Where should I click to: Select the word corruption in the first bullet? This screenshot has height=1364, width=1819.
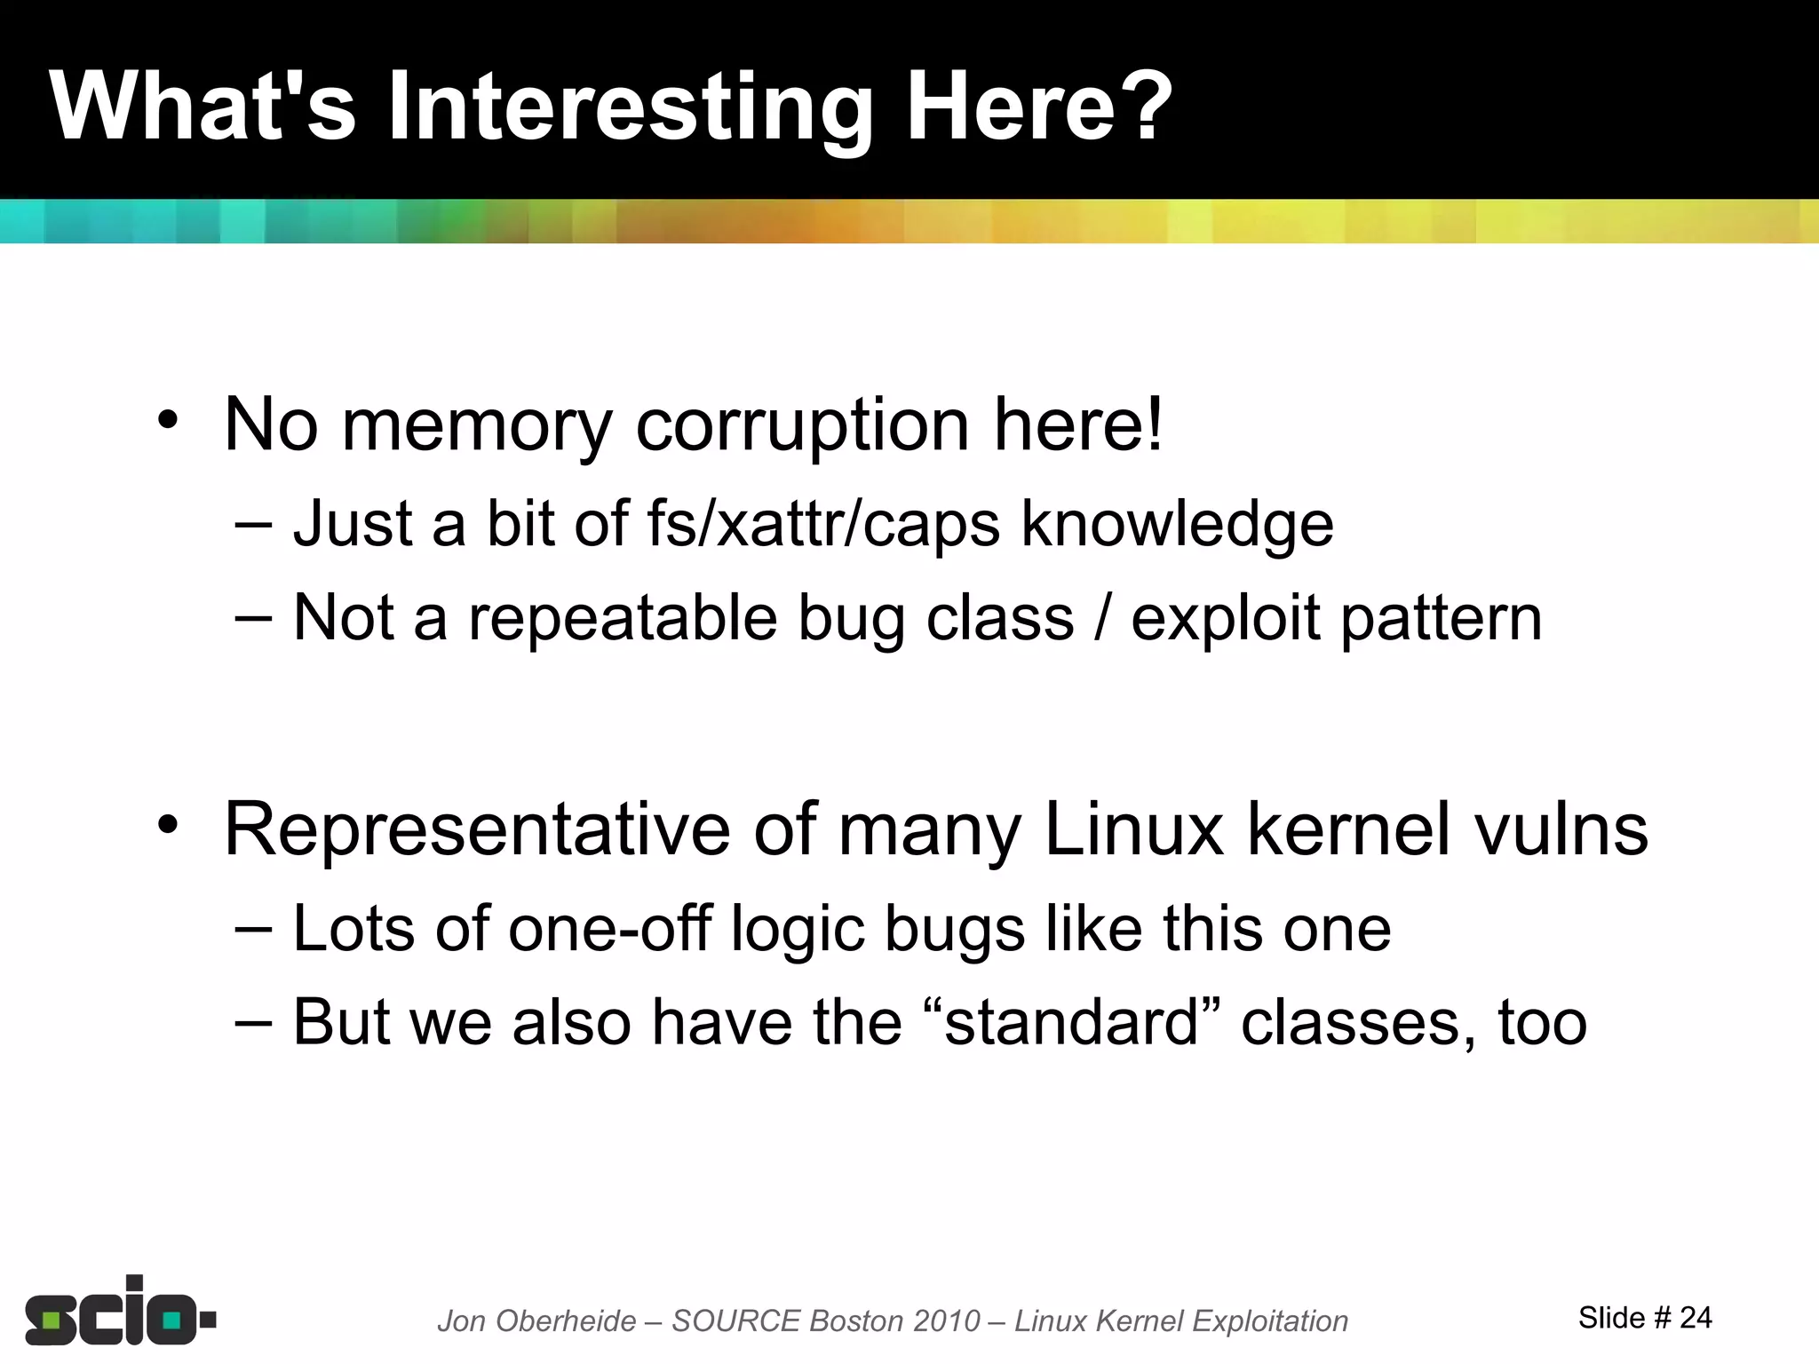click(x=802, y=424)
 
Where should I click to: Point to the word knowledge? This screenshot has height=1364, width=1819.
click(x=1177, y=524)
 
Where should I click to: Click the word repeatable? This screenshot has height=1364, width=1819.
click(x=623, y=618)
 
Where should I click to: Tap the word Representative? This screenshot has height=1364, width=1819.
click(x=476, y=829)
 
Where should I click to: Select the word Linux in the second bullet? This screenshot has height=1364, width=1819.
click(x=1134, y=829)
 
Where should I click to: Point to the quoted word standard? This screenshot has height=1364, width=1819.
click(x=1072, y=1022)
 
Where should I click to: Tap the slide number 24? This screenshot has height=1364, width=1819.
click(x=1696, y=1317)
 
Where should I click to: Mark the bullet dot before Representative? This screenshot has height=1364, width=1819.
click(x=168, y=825)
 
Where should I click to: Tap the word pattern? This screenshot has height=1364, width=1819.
click(x=1441, y=618)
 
